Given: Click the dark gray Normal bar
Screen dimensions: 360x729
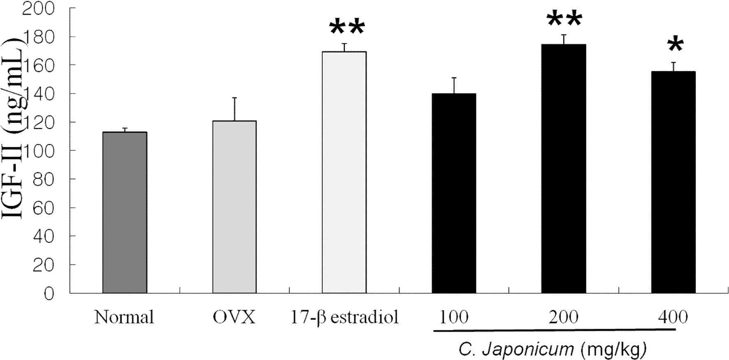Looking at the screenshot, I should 125,213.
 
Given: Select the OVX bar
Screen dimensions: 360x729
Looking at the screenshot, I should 234,207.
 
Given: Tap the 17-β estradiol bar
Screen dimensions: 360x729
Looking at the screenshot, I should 344,172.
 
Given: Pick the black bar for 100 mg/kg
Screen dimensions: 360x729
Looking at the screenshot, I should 454,193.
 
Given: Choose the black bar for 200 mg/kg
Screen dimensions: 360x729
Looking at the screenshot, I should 563,169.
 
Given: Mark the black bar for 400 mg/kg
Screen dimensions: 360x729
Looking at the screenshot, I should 673,182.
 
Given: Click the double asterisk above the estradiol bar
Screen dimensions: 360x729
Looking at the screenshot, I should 347,28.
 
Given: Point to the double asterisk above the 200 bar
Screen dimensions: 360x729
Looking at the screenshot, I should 564,20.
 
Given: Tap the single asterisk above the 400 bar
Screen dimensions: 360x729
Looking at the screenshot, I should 676,46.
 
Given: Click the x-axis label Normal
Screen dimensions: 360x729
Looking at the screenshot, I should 124,318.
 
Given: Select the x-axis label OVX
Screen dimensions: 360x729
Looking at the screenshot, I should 234,318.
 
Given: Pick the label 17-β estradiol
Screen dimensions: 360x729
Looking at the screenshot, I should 345,318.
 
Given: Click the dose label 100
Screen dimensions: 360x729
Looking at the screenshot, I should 454,317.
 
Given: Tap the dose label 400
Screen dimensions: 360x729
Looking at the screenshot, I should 673,317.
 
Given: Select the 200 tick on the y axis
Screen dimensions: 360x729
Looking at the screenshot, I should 44,8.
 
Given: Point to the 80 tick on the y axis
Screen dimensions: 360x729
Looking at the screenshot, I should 44,179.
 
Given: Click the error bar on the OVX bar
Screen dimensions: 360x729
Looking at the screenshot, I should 234,109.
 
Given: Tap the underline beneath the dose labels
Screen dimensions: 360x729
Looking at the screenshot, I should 554,330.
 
